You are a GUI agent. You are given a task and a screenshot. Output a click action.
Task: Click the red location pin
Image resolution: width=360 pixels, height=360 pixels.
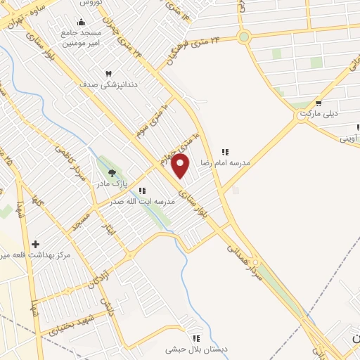click(x=181, y=166)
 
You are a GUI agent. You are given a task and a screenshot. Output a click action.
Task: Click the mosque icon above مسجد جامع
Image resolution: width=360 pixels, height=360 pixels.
click(x=81, y=22)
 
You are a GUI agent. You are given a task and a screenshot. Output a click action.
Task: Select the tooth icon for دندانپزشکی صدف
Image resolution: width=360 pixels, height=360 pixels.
click(x=108, y=74)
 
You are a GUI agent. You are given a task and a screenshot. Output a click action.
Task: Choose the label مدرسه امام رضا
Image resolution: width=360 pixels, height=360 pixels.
click(x=225, y=162)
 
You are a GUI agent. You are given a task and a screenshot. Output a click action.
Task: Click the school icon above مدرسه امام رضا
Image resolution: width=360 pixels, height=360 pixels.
click(x=225, y=151)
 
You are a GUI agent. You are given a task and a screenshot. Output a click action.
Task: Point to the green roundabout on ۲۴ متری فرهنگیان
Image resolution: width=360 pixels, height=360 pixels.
click(x=244, y=37)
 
